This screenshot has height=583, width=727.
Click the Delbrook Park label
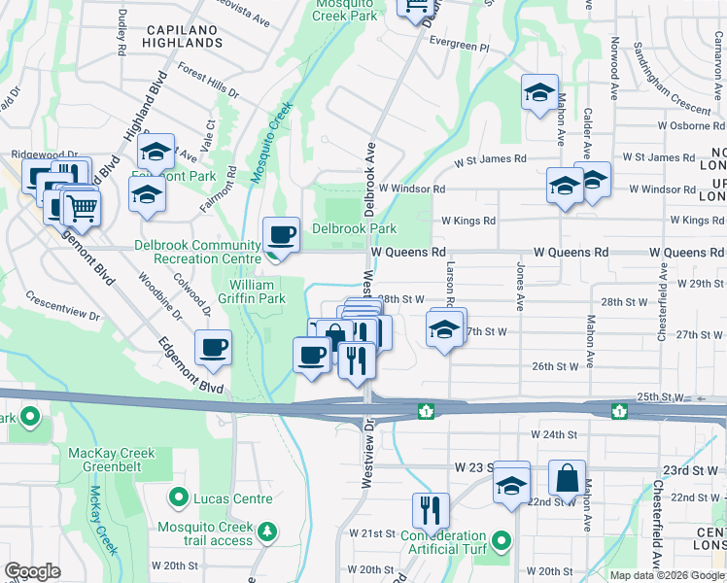point(354,229)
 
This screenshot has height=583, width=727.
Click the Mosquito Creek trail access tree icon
point(266,532)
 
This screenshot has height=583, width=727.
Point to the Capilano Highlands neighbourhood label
point(188,36)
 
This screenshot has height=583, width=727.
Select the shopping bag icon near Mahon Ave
point(567,478)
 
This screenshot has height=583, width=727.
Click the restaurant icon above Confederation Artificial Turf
point(428,510)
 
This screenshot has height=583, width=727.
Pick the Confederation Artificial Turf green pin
point(501,540)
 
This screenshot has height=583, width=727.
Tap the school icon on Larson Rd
point(444,329)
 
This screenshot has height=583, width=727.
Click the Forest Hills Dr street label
point(209,81)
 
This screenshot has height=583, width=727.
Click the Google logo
point(32,571)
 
